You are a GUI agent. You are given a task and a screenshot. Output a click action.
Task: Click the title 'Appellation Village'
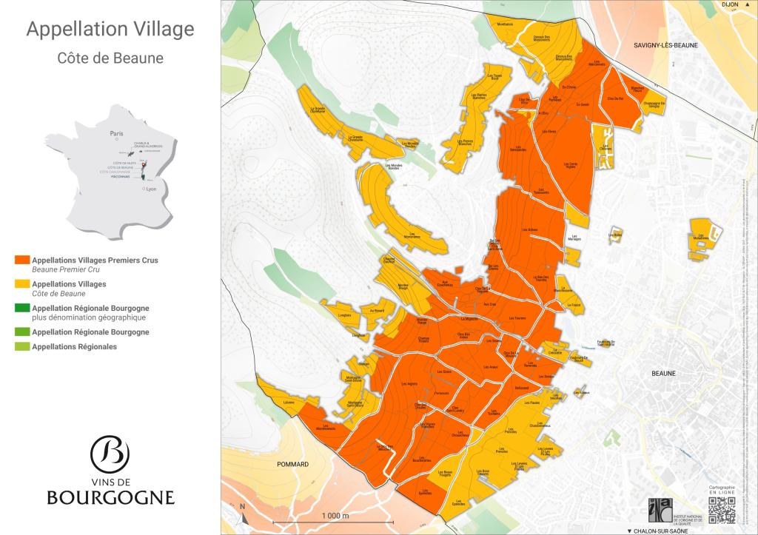110,29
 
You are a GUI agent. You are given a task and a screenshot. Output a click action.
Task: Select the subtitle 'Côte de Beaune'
110,57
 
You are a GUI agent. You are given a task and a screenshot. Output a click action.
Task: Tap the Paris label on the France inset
115,134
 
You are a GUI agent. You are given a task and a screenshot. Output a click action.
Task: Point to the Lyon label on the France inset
152,189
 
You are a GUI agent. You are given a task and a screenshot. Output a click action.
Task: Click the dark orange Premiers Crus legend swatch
21,260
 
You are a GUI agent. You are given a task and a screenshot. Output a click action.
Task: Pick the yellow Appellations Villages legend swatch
21,284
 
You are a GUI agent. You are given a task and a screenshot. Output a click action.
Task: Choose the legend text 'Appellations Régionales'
74,346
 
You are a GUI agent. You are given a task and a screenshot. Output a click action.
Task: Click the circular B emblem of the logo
110,452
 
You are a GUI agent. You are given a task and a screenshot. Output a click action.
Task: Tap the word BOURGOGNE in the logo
110,497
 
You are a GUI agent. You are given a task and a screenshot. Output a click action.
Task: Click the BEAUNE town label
664,374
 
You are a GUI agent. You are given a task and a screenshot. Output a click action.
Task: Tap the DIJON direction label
731,5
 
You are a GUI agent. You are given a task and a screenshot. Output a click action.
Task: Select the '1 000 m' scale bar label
335,515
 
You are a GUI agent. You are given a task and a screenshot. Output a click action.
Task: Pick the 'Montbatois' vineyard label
506,24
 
